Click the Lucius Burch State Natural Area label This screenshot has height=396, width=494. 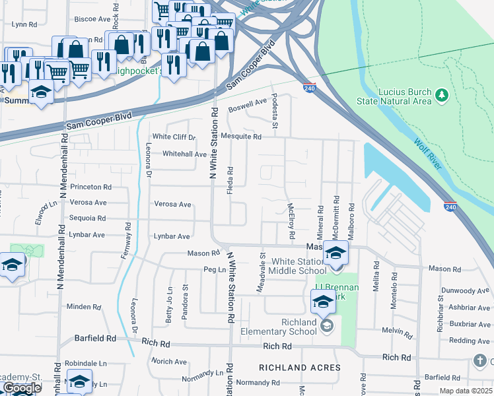click(404, 96)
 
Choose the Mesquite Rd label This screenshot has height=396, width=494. click(241, 137)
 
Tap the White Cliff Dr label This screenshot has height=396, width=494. click(174, 137)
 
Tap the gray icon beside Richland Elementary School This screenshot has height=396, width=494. click(326, 325)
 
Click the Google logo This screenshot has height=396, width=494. click(22, 388)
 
